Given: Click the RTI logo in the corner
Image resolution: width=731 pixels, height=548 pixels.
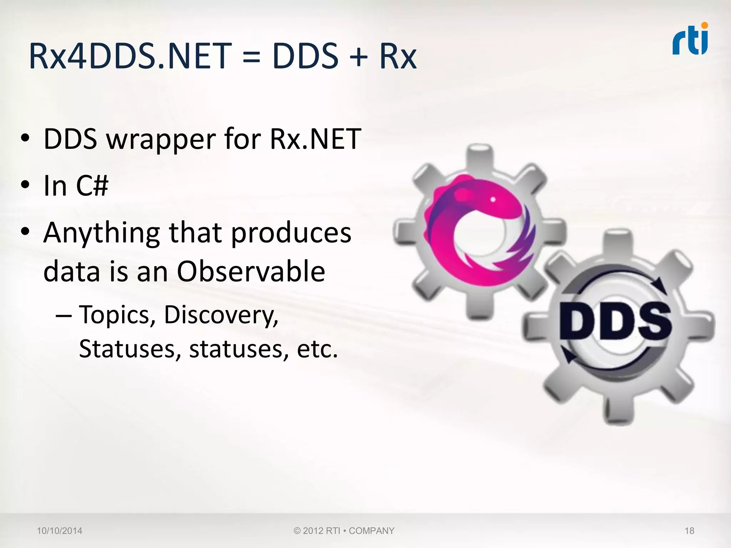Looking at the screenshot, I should [690, 39].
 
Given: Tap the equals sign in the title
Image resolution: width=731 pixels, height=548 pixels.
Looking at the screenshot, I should [251, 57].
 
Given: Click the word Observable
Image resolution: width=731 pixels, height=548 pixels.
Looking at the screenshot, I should [251, 271].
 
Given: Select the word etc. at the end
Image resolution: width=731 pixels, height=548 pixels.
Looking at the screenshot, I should [317, 349].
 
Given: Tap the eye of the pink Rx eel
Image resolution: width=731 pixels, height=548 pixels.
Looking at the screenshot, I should [493, 199].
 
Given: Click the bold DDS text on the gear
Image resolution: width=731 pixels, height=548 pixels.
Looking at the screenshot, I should [615, 321].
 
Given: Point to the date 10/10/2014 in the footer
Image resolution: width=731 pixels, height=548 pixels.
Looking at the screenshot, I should [60, 531].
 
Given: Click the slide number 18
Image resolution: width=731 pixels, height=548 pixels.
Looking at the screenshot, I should [689, 531].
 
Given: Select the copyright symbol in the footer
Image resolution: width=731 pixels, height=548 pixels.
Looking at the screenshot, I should [297, 531].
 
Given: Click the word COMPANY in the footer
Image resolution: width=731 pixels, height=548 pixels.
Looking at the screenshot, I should [372, 531].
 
